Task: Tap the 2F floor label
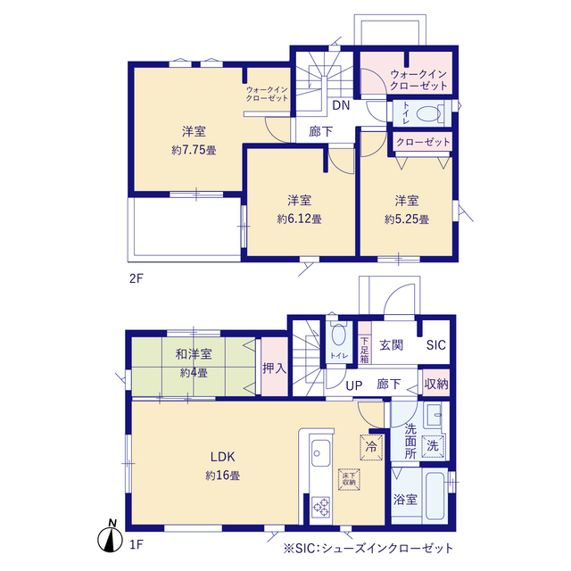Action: pos(137,277)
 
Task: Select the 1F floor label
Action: pos(137,542)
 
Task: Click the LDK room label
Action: pos(223,459)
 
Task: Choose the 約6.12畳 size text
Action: pos(299,218)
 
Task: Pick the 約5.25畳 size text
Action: pos(407,219)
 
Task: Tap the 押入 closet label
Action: pos(273,366)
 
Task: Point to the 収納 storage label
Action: pos(436,385)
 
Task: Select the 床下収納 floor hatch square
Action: pos(350,478)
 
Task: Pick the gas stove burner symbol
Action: pos(319,509)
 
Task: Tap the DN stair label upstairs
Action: pos(341,105)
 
